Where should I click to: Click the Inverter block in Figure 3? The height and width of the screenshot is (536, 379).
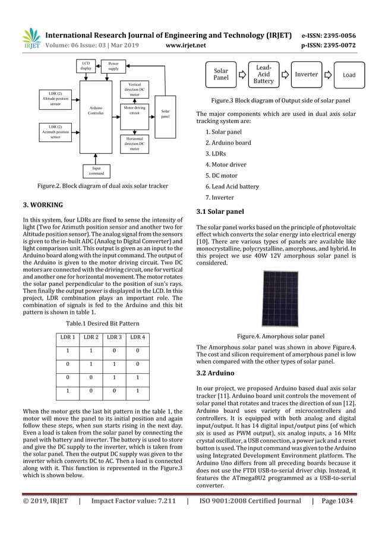[x=307, y=75]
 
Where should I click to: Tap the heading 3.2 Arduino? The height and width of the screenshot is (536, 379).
[x=216, y=373]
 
